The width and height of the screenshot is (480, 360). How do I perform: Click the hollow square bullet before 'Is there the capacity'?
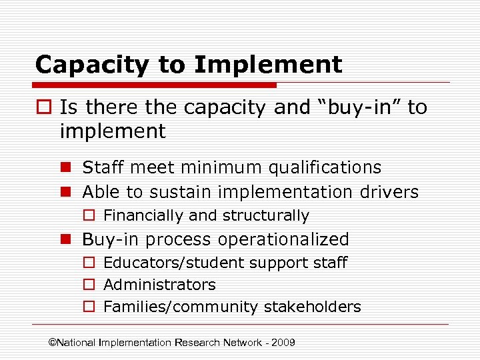[44, 108]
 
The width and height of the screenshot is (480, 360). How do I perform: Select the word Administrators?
[160, 285]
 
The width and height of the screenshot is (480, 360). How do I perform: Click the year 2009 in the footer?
[283, 343]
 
